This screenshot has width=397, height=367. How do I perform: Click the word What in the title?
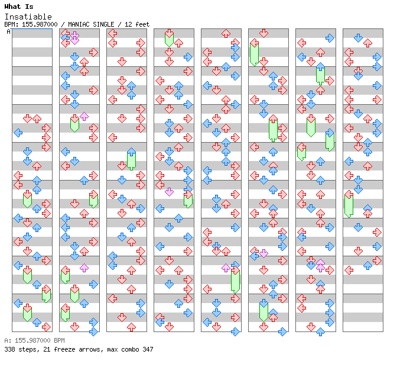(x=12, y=7)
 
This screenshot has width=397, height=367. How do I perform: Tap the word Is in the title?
(x=29, y=7)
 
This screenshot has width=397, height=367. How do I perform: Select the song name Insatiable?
(x=28, y=17)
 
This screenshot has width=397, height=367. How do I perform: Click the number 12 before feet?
(x=128, y=24)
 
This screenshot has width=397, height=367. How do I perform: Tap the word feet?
(x=142, y=24)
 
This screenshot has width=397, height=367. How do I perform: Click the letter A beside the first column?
(x=9, y=32)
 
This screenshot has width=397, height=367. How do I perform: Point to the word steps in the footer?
(x=29, y=349)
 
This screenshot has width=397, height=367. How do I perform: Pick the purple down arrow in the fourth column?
(x=169, y=192)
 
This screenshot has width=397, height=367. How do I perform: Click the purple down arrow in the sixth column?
(x=263, y=253)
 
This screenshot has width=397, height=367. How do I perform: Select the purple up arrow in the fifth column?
(x=226, y=268)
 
